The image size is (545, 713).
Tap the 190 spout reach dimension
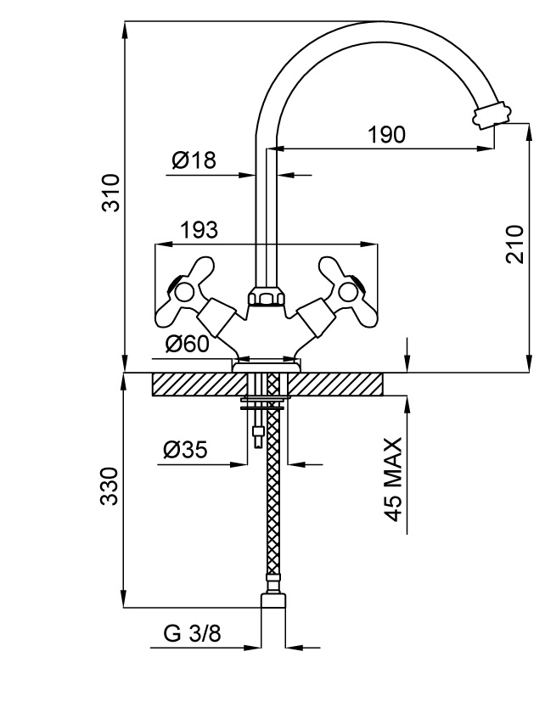click(x=386, y=134)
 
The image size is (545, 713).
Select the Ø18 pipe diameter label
click(x=194, y=160)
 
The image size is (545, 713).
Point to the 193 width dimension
click(x=199, y=229)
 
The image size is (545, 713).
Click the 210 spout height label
click(x=514, y=244)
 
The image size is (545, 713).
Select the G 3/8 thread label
click(x=188, y=635)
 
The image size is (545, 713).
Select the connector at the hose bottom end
click(x=272, y=601)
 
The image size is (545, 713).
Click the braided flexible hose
click(x=272, y=501)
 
